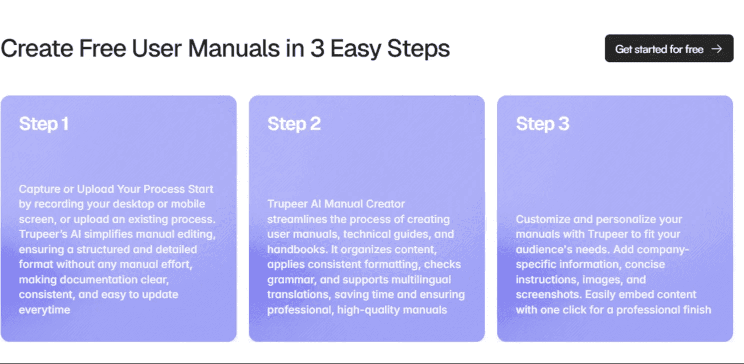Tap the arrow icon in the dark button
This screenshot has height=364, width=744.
(x=717, y=49)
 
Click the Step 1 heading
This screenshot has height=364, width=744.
(x=44, y=124)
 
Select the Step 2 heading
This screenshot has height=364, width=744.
(x=294, y=124)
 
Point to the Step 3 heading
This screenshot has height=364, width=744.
(x=542, y=124)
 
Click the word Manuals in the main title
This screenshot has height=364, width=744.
(x=234, y=48)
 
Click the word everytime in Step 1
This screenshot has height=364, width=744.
(x=44, y=310)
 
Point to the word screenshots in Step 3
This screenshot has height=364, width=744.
(x=548, y=295)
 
